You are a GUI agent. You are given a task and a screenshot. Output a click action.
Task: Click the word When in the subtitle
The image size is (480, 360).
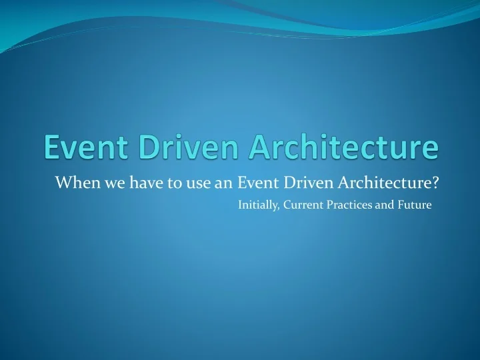pos(72,182)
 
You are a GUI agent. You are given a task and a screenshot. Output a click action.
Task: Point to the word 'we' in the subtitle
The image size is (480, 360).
pos(105,182)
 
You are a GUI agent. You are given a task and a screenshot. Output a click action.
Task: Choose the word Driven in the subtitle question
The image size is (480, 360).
pos(301,182)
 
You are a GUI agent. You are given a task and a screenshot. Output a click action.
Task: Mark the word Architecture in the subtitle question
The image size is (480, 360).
pos(382,182)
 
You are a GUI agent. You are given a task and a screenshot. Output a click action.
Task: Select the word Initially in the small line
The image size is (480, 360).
pos(257,205)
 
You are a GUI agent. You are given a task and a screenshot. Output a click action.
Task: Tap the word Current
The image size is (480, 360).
pos(301,205)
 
